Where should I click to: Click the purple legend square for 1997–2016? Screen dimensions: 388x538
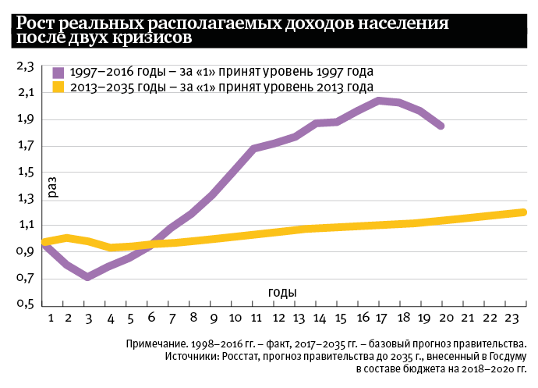click(x=58, y=72)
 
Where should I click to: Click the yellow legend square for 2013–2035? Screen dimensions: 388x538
click(x=58, y=87)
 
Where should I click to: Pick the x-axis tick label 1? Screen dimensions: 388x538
click(x=50, y=319)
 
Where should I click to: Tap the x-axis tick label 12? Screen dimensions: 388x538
click(x=277, y=319)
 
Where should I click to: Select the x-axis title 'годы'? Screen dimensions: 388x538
click(x=282, y=292)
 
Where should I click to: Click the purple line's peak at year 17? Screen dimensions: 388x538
click(x=379, y=100)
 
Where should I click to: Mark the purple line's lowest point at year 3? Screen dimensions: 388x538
click(x=88, y=276)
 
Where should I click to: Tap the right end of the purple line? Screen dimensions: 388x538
click(x=441, y=125)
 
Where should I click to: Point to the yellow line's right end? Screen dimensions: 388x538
click(x=524, y=212)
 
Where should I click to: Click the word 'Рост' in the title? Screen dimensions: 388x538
click(x=38, y=23)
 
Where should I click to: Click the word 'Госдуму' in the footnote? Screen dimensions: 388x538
click(x=505, y=356)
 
